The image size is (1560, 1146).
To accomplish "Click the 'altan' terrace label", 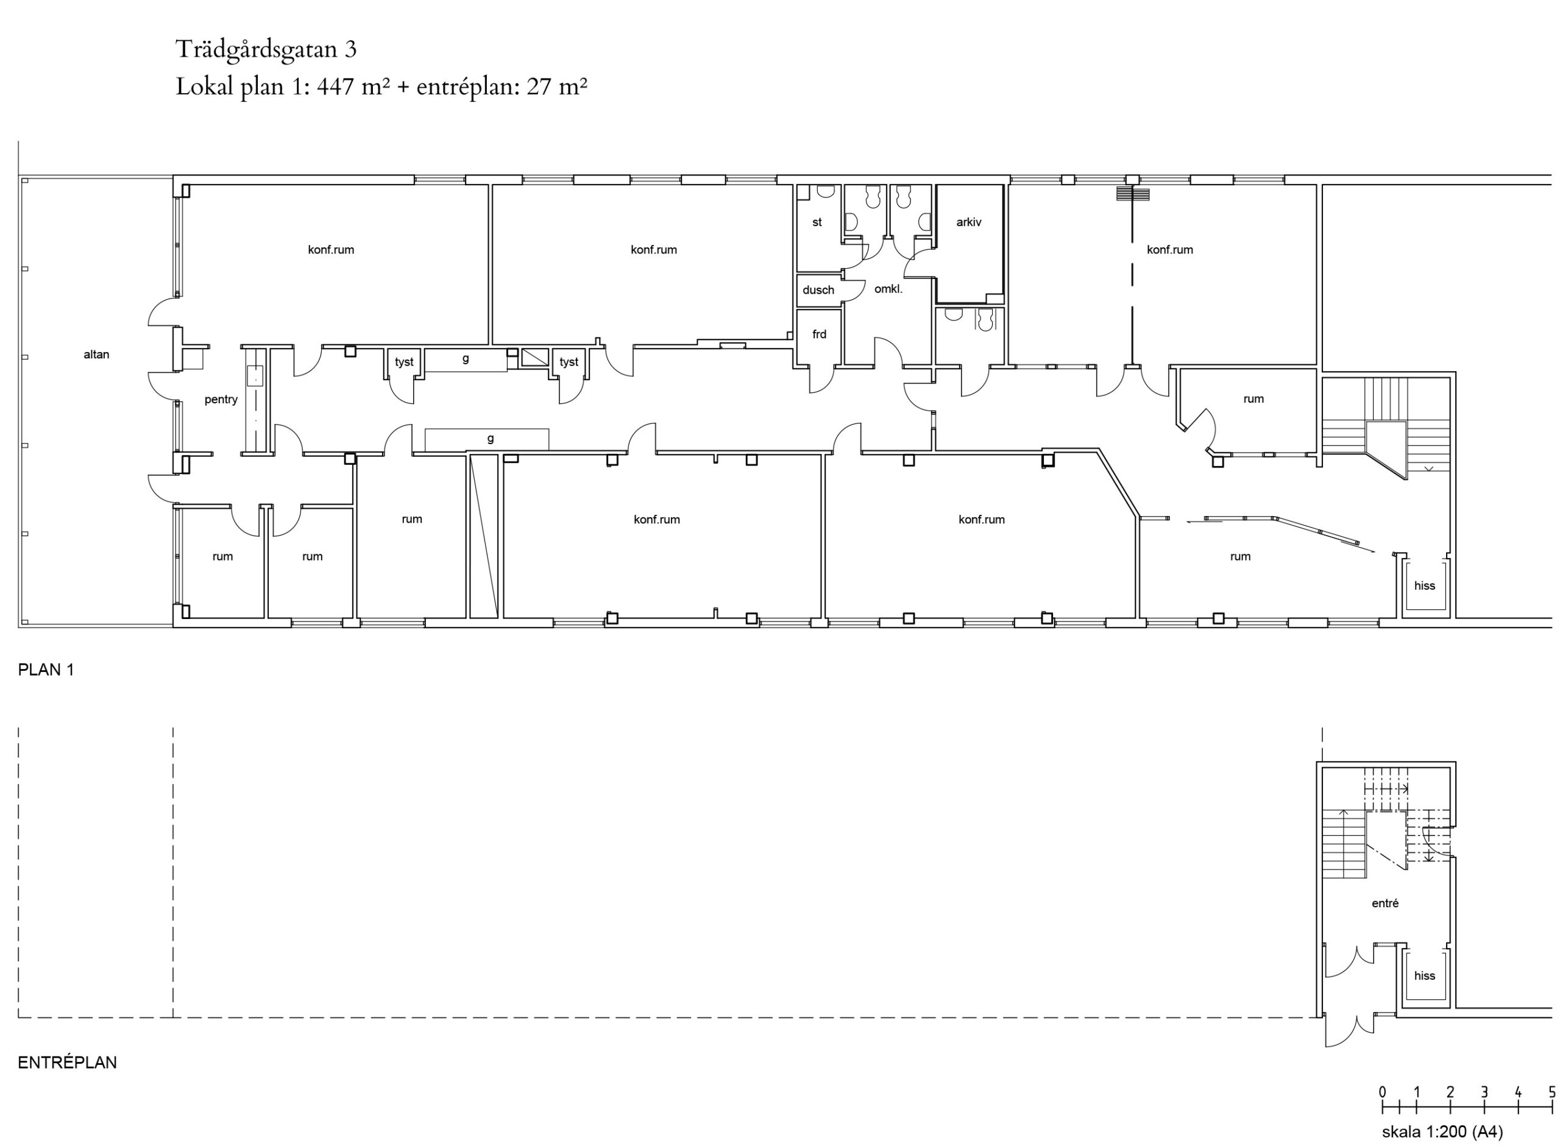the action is click(96, 355).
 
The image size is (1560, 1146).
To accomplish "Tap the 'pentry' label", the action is click(221, 400).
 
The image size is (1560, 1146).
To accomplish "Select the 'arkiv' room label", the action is click(969, 222).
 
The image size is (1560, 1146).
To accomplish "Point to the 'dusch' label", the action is click(818, 290).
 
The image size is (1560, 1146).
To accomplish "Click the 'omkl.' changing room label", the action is click(888, 289).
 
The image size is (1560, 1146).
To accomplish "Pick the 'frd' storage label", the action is click(819, 334).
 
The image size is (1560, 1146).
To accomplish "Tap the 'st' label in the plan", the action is click(817, 222).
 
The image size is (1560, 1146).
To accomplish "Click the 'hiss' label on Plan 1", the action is click(1425, 585).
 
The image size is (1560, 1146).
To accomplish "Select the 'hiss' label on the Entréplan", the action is click(1425, 975).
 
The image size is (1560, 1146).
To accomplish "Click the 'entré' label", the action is click(1385, 903).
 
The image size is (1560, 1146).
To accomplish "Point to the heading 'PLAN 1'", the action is click(46, 670).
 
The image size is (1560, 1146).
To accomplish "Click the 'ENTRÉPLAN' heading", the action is click(67, 1062).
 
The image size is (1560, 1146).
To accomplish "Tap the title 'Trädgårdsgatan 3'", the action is click(266, 49).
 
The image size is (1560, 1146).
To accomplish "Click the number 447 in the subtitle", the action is click(336, 87).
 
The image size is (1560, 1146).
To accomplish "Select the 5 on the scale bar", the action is click(1551, 1091).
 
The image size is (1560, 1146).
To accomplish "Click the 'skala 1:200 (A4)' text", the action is click(1442, 1132).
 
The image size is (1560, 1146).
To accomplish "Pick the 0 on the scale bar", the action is click(1383, 1091).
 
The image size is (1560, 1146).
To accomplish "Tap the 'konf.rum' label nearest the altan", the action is click(331, 250).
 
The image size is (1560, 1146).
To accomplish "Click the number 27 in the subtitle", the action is click(538, 87).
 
